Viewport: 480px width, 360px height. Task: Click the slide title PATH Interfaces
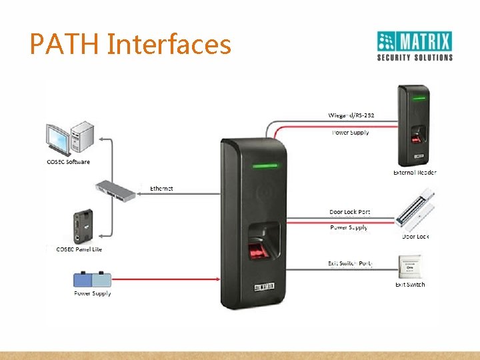[131, 45]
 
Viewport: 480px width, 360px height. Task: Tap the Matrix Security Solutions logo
[415, 46]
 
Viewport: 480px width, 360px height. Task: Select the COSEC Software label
[68, 162]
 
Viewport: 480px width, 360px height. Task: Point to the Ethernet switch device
[115, 189]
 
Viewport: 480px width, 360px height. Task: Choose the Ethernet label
[161, 189]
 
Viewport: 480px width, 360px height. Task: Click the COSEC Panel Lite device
[85, 227]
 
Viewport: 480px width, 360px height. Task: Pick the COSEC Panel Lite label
[79, 249]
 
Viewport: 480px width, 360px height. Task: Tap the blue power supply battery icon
[93, 278]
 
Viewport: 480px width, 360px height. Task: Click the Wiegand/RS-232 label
[351, 115]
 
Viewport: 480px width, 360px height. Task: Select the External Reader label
[415, 173]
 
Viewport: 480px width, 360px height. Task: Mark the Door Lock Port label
[349, 212]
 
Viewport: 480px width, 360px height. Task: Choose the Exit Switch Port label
[350, 263]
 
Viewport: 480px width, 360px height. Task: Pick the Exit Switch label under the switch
[409, 285]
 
